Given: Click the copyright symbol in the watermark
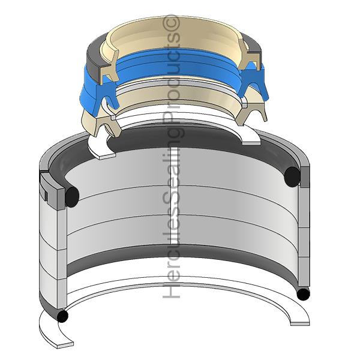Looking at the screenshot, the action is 172,23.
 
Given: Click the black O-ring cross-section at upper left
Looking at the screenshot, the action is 72,197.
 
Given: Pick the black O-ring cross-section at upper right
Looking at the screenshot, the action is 292,177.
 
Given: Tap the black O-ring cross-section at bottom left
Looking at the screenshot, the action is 62,316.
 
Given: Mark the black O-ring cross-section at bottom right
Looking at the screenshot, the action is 303,294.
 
